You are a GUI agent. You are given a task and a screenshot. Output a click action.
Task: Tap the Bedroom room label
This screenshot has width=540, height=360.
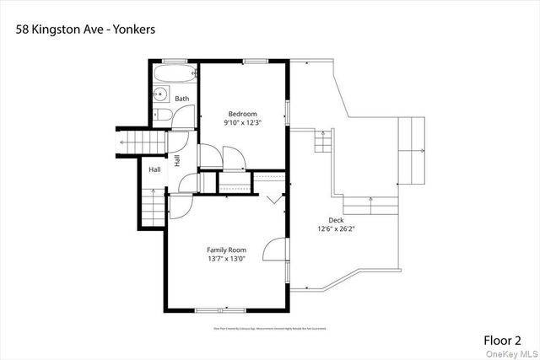[242, 114]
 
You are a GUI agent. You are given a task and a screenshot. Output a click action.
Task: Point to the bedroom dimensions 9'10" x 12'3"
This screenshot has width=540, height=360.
[242, 123]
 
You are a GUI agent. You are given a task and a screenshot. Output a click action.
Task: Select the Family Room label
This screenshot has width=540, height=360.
[227, 250]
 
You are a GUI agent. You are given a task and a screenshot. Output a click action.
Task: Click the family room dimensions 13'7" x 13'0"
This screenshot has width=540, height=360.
[227, 259]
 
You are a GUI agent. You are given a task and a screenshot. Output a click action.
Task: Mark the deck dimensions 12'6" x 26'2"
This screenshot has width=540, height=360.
[335, 228]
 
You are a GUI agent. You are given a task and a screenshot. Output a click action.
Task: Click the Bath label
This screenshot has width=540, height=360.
[181, 99]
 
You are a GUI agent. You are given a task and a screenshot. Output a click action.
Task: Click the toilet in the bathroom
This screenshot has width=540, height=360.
[163, 116]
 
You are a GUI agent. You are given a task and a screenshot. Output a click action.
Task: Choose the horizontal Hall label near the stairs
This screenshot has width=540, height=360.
[155, 170]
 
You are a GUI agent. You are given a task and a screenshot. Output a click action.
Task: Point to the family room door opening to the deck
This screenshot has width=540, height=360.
[277, 250]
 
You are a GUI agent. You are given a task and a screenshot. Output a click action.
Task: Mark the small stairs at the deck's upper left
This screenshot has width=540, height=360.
[321, 142]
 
